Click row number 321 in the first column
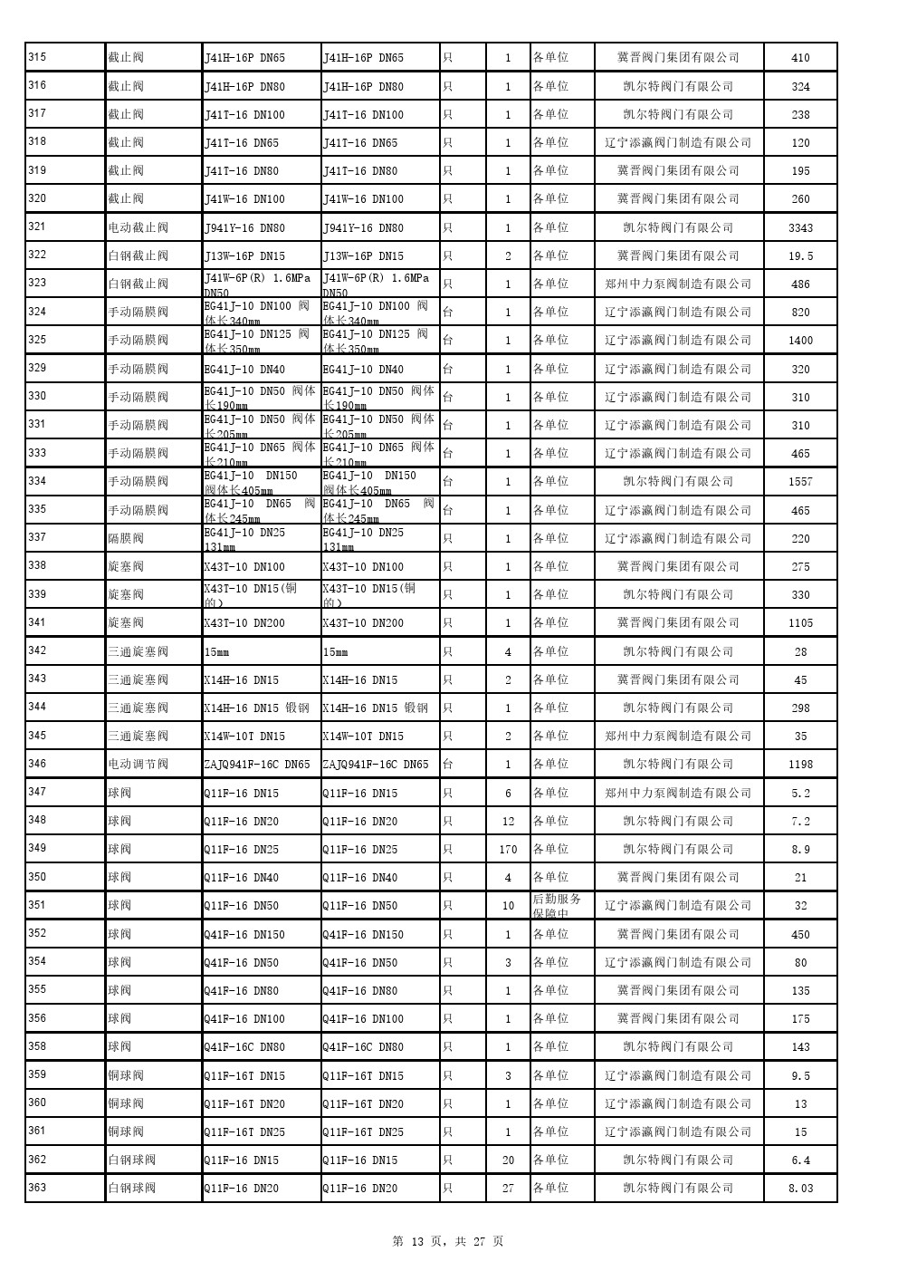point(37,226)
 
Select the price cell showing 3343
point(800,228)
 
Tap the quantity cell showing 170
point(508,850)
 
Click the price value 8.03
point(800,1189)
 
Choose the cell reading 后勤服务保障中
point(558,905)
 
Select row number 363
point(37,1187)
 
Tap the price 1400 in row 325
point(800,341)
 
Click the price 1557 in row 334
point(800,482)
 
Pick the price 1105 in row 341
point(800,623)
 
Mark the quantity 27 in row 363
point(508,1189)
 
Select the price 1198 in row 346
point(800,765)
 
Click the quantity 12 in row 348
point(508,822)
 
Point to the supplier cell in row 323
point(678,284)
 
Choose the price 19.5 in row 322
point(800,256)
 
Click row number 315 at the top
point(37,57)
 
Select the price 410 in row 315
point(800,58)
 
